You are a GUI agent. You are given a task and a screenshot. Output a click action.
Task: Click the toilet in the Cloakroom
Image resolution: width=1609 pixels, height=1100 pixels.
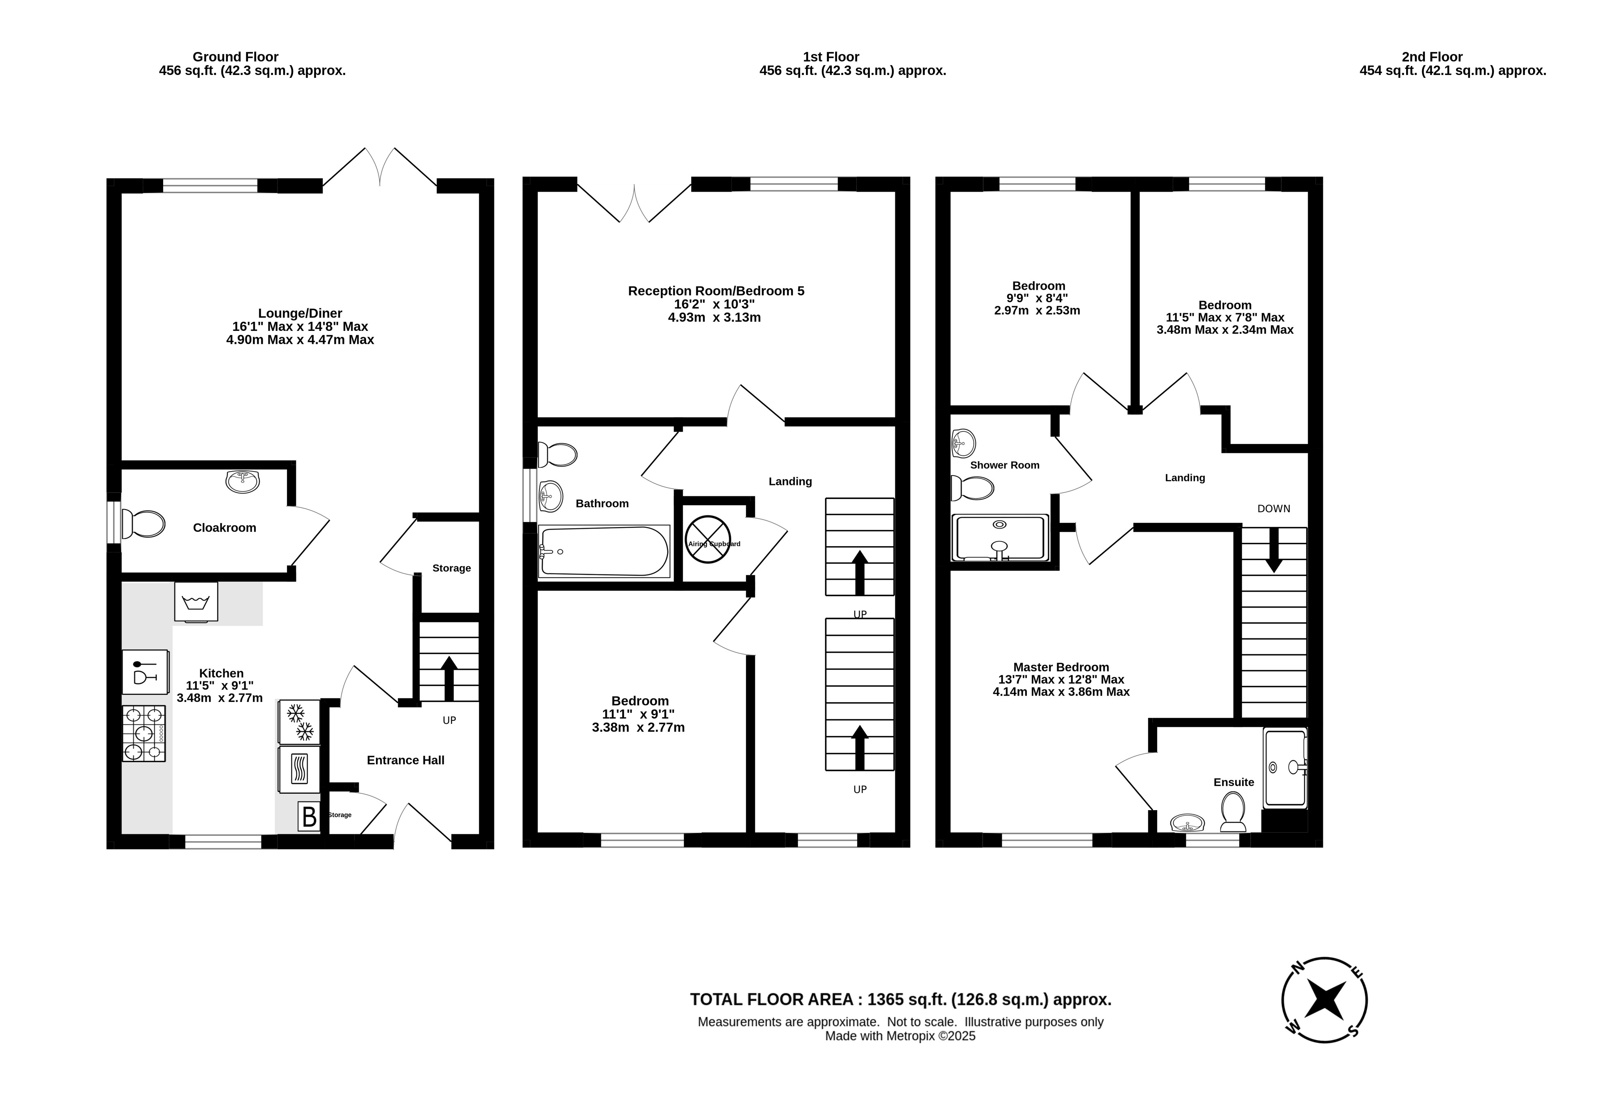143,524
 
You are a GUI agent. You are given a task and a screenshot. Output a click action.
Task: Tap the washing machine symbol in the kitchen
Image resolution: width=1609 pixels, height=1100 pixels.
196,601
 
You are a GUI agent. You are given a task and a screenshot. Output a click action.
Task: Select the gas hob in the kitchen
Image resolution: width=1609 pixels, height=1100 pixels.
144,734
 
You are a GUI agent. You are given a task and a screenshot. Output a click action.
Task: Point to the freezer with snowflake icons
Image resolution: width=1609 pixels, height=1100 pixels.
299,722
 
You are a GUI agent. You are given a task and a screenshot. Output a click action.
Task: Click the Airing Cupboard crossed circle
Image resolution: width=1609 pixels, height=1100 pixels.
708,539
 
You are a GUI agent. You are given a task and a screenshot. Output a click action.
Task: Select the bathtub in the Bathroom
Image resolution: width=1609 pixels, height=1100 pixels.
604,551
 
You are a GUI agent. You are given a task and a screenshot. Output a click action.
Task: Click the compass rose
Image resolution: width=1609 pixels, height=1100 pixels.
1325,1000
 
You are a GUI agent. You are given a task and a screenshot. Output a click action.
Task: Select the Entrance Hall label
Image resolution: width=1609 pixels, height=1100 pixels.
406,760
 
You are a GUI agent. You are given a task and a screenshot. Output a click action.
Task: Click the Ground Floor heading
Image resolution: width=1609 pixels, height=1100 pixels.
235,57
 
